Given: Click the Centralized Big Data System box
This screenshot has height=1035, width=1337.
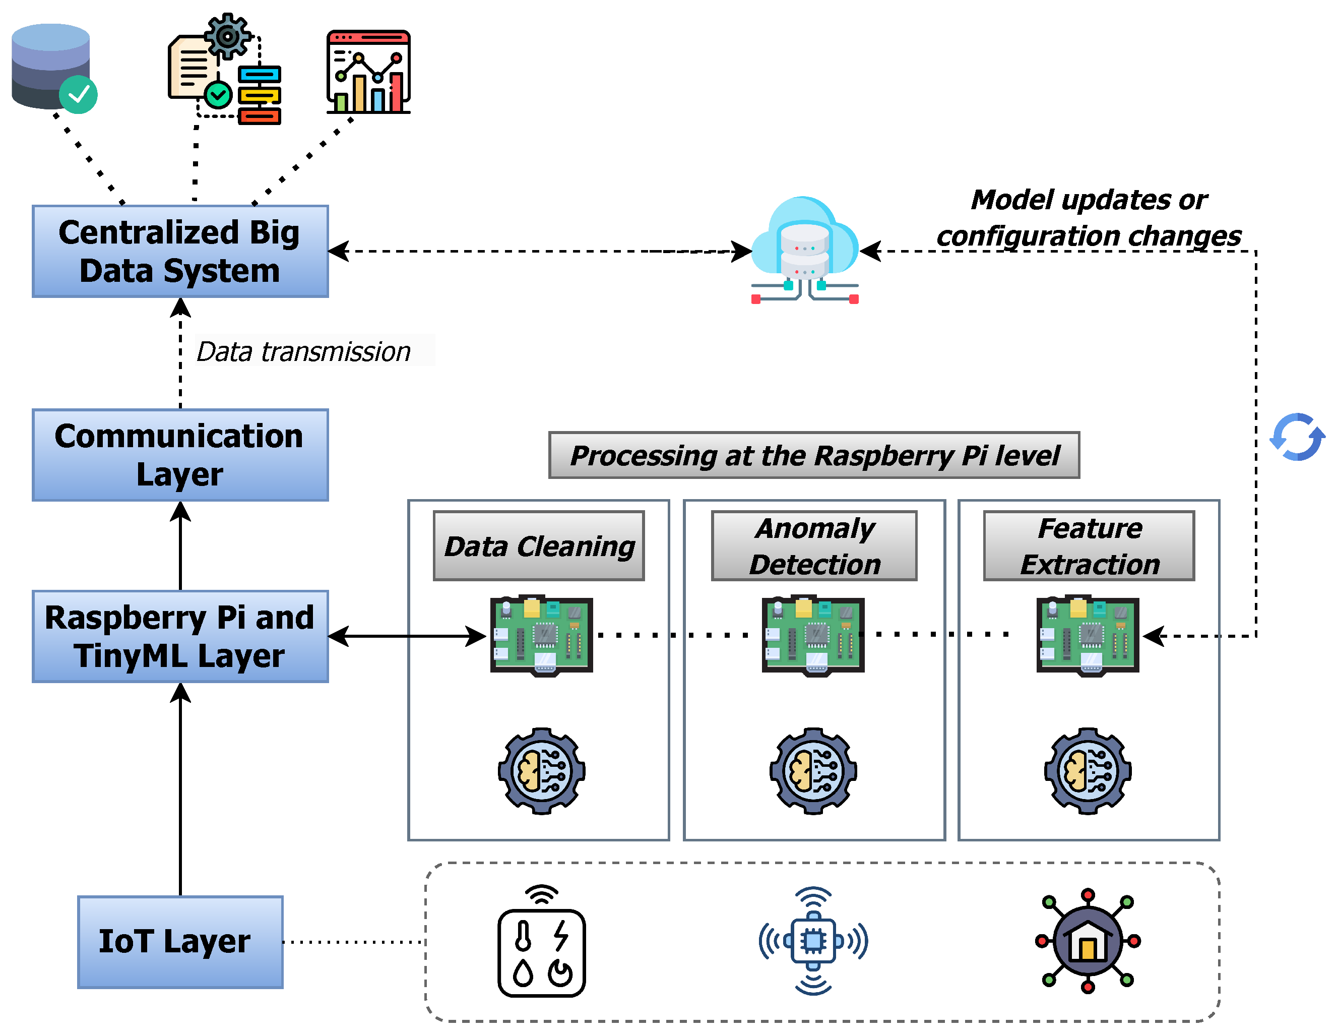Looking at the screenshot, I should click(180, 251).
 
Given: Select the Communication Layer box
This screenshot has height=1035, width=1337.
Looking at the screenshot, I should click(180, 455).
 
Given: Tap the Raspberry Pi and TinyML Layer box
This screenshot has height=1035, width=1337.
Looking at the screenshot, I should click(180, 636).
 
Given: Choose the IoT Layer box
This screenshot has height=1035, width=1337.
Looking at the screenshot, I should click(180, 941).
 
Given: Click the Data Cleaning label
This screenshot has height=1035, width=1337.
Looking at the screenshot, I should click(539, 545).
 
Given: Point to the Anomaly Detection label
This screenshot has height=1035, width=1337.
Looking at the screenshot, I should click(814, 545).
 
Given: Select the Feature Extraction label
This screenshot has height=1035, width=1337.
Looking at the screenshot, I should click(1089, 545).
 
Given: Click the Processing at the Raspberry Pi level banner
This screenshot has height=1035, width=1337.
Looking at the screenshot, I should click(814, 455).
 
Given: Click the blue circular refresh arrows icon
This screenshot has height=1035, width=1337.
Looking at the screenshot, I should click(1297, 437).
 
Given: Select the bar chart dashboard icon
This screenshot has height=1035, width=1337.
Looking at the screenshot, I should click(368, 72).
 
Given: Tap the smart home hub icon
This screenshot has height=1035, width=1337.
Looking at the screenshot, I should click(1088, 941).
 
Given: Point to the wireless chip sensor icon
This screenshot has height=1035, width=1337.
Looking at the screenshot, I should click(813, 941).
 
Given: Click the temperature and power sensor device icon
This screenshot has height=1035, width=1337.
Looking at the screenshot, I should click(541, 943).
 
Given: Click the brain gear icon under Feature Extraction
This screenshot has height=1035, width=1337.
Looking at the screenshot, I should click(1088, 771).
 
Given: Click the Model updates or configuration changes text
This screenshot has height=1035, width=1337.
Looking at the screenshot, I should click(1089, 218).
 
